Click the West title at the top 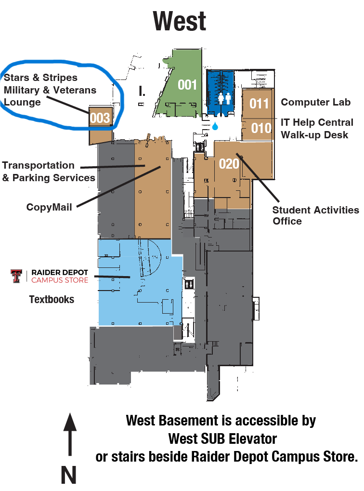pos(179,21)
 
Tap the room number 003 pos(100,118)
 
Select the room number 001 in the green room pos(187,85)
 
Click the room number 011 pos(259,103)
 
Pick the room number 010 pos(261,128)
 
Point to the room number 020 pos(229,164)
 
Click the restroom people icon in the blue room pos(224,98)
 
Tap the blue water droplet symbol pos(215,126)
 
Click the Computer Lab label pos(315,102)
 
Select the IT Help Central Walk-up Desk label pos(317,128)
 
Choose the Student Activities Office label pos(315,215)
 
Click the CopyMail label pos(49,207)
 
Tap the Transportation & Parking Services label pos(49,171)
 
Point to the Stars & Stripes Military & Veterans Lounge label pos(50,90)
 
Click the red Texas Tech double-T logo pos(16,276)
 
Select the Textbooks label pos(52,299)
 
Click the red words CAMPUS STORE pos(60,280)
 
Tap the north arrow pos(70,434)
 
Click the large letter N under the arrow pos(68,475)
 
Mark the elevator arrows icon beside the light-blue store pos(189,284)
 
